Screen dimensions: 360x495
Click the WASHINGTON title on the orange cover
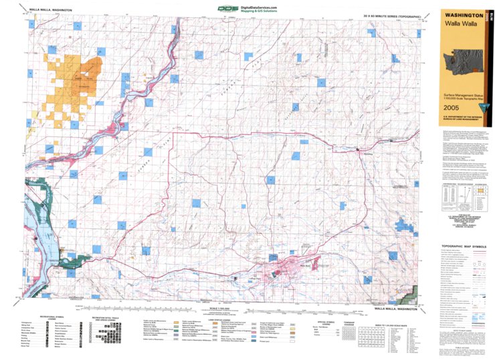point(460,14)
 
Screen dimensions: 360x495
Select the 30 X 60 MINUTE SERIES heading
point(391,15)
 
